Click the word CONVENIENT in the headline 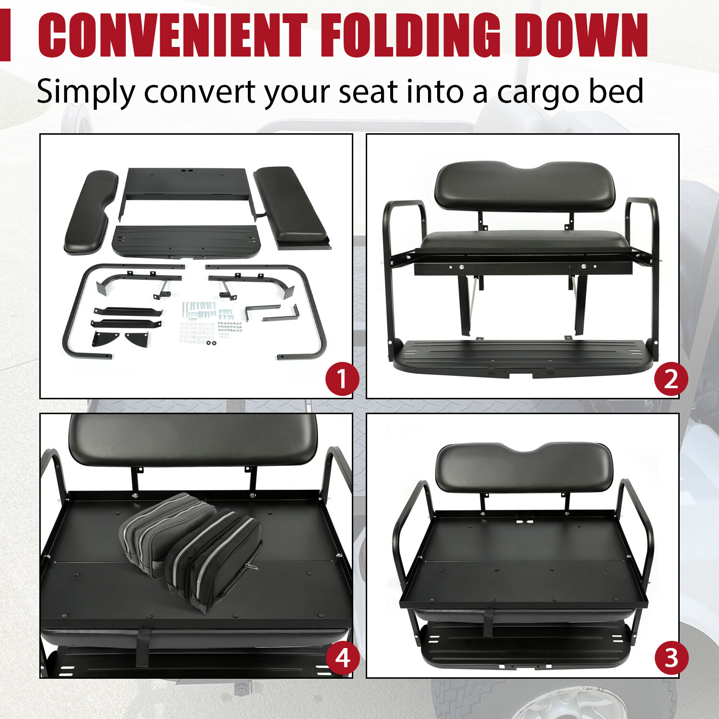coord(173,36)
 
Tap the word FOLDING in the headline coord(410,36)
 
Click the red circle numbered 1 coord(342,379)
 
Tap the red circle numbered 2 coord(671,379)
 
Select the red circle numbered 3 coord(671,658)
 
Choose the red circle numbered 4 coord(342,658)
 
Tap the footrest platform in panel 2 coord(522,357)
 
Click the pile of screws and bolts coord(210,321)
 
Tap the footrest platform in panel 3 coord(522,645)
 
